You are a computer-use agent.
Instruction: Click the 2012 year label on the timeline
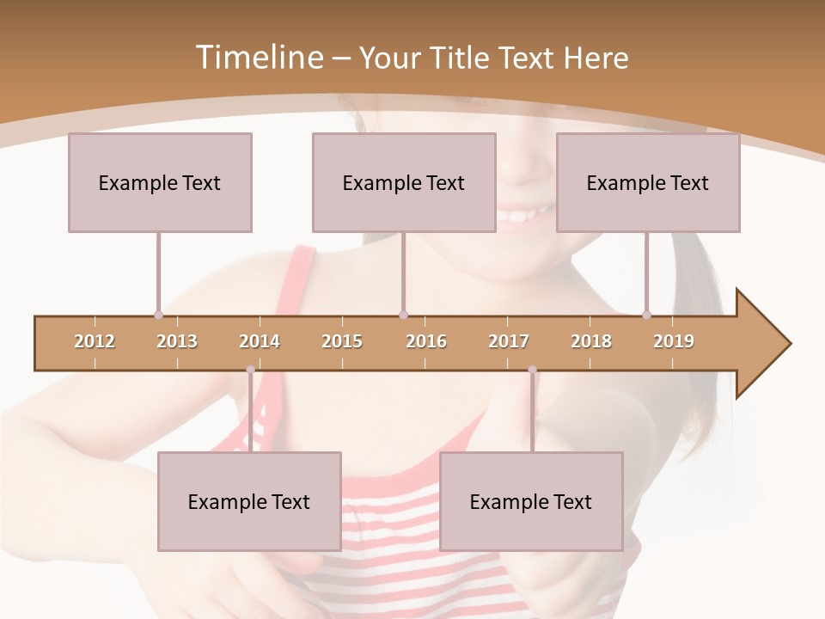(95, 341)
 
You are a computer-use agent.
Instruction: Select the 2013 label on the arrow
(177, 341)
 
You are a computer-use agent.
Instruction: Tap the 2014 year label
(260, 341)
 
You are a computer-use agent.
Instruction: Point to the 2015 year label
(342, 341)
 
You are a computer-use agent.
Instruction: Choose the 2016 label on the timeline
(426, 341)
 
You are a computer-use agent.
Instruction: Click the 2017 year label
(509, 341)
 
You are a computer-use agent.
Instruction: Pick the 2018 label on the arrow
(591, 341)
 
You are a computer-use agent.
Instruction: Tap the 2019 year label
(674, 341)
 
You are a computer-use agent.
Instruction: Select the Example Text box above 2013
(160, 182)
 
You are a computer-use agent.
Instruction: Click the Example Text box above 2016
(404, 182)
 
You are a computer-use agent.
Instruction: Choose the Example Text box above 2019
(648, 182)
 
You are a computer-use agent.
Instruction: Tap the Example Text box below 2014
(249, 501)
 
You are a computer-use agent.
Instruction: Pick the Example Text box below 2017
(531, 501)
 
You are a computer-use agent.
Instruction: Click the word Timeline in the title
(258, 58)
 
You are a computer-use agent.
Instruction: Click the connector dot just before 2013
(158, 315)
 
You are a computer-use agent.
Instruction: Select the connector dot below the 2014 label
(250, 370)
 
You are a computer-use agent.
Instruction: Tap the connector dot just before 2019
(646, 315)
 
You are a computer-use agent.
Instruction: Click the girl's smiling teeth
(524, 211)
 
